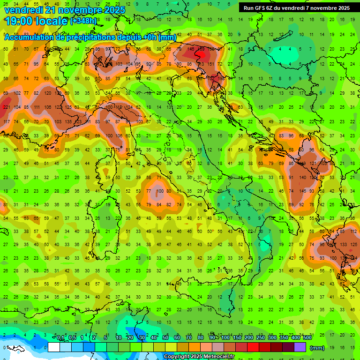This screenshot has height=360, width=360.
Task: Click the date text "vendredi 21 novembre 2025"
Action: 65,10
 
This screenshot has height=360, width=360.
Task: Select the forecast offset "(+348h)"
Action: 83,21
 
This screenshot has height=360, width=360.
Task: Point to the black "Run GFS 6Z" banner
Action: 296,8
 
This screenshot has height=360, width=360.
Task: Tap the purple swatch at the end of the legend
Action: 300,347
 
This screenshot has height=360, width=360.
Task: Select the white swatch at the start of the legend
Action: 54,347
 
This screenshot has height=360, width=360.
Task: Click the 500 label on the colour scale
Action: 307,338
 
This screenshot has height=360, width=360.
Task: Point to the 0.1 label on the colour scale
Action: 60,338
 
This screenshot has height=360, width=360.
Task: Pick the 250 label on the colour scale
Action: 260,338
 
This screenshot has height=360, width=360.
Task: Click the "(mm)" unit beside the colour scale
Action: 317,348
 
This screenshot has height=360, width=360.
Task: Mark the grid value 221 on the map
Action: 7,107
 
